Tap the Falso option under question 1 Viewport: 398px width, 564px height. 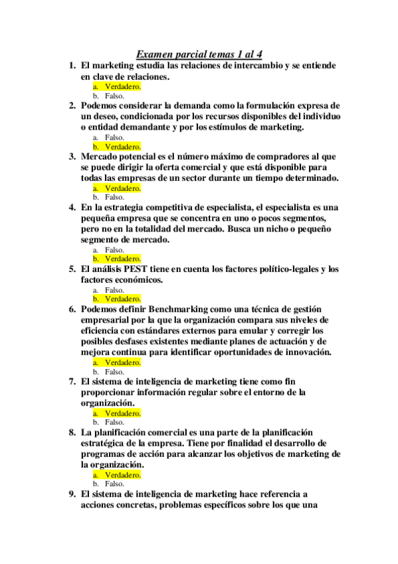[x=114, y=96]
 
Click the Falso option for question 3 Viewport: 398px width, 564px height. [x=114, y=197]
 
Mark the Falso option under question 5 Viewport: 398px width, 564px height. [x=114, y=290]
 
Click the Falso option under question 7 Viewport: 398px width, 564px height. [x=114, y=422]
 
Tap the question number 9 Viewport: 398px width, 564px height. [x=71, y=494]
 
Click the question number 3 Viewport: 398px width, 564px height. [x=71, y=157]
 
